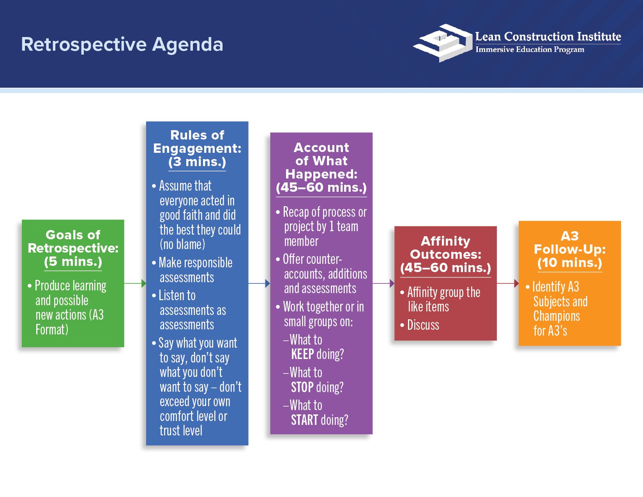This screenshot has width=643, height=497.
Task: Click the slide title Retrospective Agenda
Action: (122, 44)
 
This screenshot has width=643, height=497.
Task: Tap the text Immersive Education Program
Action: (529, 50)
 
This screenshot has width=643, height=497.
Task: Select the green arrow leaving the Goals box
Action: (135, 283)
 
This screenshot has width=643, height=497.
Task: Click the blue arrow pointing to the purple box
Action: (259, 283)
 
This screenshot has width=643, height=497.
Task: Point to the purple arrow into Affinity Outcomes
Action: (383, 283)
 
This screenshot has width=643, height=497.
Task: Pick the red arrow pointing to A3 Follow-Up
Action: (508, 283)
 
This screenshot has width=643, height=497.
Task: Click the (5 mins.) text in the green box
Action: (73, 262)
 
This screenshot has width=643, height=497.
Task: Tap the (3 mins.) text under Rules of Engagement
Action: (197, 162)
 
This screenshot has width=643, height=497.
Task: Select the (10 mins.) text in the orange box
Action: (569, 263)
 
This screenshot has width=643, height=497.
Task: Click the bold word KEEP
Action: (302, 354)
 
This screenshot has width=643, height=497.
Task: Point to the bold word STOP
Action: (302, 387)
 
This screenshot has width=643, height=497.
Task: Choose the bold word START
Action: (304, 420)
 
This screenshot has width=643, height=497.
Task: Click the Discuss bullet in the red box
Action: (423, 325)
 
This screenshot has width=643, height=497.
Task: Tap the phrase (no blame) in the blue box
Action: (182, 244)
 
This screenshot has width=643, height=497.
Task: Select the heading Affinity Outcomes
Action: (445, 248)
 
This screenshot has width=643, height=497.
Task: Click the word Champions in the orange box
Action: (556, 316)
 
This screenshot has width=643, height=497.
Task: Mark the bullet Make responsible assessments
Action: (195, 270)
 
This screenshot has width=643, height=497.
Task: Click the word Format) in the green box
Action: (52, 330)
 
